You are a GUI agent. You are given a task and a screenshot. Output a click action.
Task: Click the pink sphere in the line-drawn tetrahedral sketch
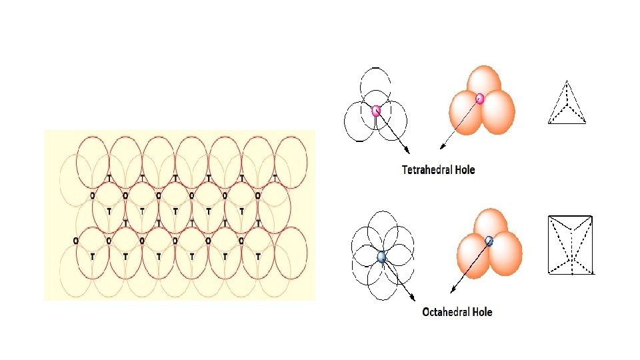[376, 111]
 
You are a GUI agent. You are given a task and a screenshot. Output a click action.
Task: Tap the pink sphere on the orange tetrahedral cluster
[479, 99]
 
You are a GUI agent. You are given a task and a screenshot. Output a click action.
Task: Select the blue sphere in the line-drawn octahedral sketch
[381, 257]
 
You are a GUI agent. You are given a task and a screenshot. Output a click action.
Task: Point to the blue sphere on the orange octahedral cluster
[489, 241]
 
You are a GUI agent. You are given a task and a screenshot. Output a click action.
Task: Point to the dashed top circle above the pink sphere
[374, 83]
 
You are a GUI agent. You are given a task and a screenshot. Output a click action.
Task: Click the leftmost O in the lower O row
[75, 240]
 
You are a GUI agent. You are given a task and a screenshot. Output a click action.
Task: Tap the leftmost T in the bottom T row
[92, 256]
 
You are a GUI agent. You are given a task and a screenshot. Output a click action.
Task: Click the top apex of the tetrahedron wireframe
[567, 81]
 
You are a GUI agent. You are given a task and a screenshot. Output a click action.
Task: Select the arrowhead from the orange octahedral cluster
[453, 291]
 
